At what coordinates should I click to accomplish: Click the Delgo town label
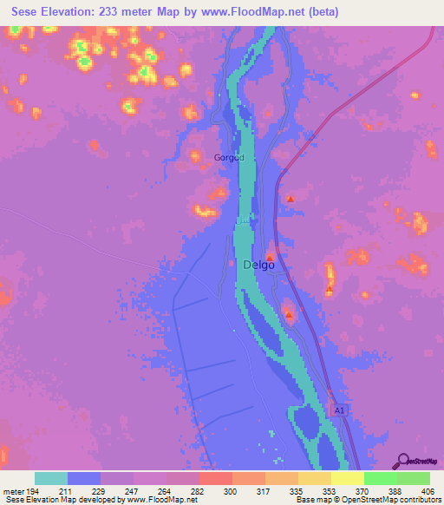click(x=259, y=266)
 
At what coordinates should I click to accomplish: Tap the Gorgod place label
click(x=230, y=157)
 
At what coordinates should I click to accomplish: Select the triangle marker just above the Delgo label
click(x=270, y=257)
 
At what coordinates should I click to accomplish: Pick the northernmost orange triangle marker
click(x=291, y=200)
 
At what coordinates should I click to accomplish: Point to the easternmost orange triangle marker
click(x=330, y=289)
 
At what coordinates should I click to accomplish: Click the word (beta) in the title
click(x=317, y=12)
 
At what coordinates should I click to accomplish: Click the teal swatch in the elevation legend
click(x=50, y=478)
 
